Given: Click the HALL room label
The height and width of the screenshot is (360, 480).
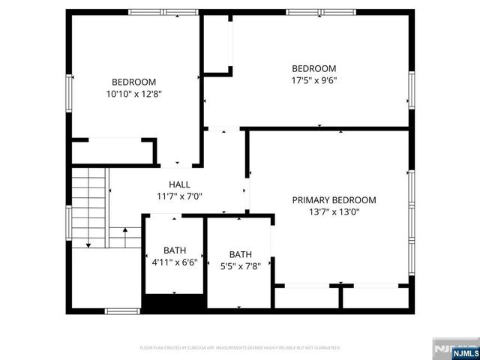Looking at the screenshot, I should coord(178,184).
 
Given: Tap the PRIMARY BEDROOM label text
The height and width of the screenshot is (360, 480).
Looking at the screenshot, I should coord(334,200).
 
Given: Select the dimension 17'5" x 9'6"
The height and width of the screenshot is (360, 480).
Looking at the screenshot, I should coord(313,80).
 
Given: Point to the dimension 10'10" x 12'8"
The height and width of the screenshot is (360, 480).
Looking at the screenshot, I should coord(133,94).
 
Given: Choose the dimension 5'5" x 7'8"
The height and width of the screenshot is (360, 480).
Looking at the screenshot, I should coord(240,266).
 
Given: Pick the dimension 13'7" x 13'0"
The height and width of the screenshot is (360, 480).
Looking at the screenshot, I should coord(334,212).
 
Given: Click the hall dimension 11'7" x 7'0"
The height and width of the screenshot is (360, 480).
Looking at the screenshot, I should coord(178,196).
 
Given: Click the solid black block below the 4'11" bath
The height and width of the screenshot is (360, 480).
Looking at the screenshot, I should coord(174,302).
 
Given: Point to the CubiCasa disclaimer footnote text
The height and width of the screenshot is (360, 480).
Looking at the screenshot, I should coord(240,348).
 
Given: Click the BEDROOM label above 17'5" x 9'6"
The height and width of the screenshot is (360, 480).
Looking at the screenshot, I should coord(313,68).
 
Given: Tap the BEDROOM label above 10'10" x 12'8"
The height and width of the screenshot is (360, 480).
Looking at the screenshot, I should coord(133,82).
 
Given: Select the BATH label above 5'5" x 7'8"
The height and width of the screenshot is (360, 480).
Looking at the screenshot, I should coord(241,254).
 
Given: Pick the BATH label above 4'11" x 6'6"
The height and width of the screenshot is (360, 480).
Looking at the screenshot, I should coord(175,250).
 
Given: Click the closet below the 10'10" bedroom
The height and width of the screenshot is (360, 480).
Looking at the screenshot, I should coord(112,151).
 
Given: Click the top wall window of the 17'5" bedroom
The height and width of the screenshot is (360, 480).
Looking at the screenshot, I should coord(316,12).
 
